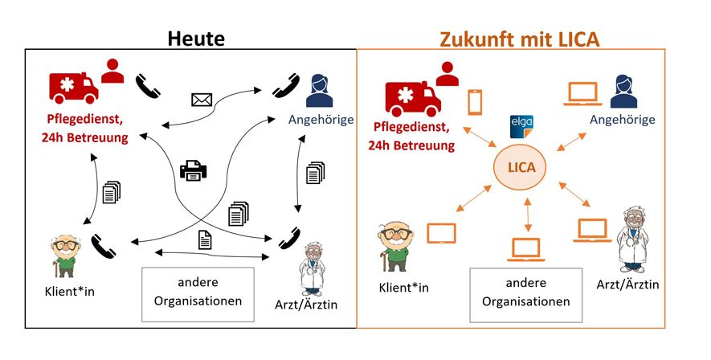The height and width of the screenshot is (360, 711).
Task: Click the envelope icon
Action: click(x=201, y=100)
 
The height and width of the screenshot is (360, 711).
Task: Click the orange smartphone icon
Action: click(x=475, y=103)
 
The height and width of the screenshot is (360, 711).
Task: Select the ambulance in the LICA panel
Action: click(x=412, y=95)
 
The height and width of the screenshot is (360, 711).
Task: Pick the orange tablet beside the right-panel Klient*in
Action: click(x=441, y=233)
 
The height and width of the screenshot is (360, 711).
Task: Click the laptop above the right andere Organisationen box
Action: click(x=527, y=248)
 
